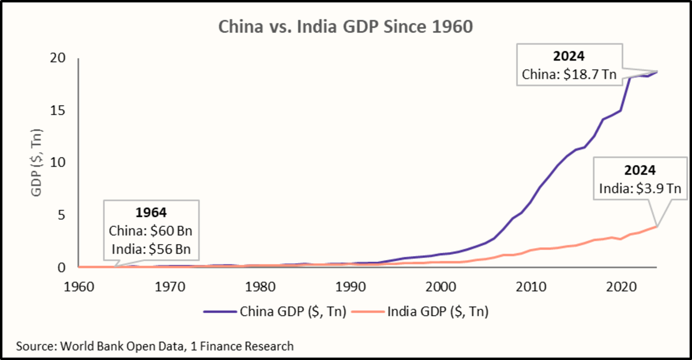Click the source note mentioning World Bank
pos(155,346)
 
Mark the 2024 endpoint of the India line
pos(657,226)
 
